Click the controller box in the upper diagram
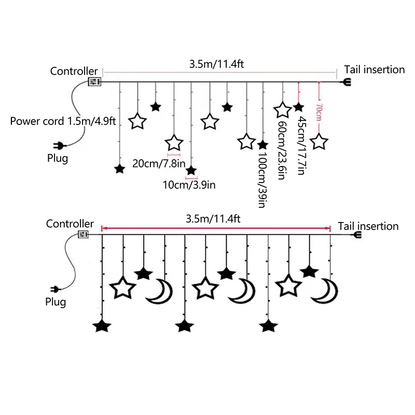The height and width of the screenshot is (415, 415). click(94, 82)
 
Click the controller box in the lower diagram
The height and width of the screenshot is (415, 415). click(83, 235)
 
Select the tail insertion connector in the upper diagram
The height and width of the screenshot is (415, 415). click(345, 82)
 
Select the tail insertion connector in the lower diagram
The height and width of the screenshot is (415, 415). click(357, 235)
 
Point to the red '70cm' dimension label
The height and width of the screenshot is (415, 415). click(319, 111)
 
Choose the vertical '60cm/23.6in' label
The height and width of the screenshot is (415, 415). click(282, 150)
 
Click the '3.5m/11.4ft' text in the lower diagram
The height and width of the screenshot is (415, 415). click(213, 219)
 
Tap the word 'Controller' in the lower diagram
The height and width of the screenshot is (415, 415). click(70, 224)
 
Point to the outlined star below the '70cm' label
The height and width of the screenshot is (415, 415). click(320, 142)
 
